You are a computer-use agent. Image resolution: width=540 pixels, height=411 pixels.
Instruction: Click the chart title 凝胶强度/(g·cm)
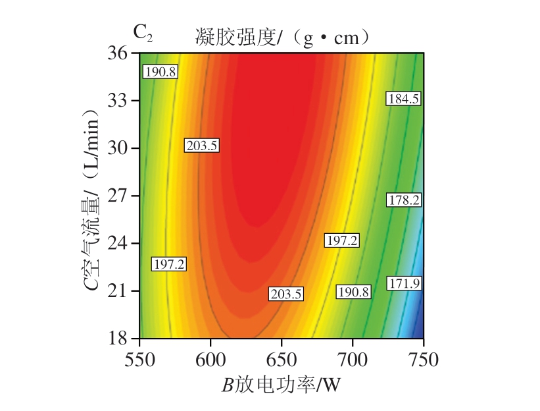(282, 38)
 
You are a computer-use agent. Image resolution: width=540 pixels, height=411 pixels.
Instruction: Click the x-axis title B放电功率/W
(282, 384)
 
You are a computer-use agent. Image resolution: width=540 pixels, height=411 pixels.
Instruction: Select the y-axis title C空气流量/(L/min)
(93, 196)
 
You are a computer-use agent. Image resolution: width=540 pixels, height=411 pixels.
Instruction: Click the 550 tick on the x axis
(139, 360)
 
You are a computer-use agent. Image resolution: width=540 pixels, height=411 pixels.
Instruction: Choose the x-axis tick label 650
(282, 360)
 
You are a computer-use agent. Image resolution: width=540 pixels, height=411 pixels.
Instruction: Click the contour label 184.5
(404, 99)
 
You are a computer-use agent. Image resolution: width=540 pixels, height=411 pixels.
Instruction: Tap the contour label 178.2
(404, 200)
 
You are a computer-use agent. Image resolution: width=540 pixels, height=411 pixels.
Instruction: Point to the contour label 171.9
(404, 283)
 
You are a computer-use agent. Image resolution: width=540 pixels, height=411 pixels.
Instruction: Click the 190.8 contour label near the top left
(160, 72)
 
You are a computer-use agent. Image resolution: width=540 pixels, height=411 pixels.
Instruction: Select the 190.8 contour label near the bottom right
(353, 292)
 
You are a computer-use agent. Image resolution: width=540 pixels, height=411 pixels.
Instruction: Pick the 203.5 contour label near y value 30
(202, 146)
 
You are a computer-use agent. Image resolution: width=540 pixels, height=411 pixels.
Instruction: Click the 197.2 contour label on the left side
(169, 264)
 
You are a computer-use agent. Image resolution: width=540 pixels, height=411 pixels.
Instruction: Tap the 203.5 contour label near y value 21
(285, 294)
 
